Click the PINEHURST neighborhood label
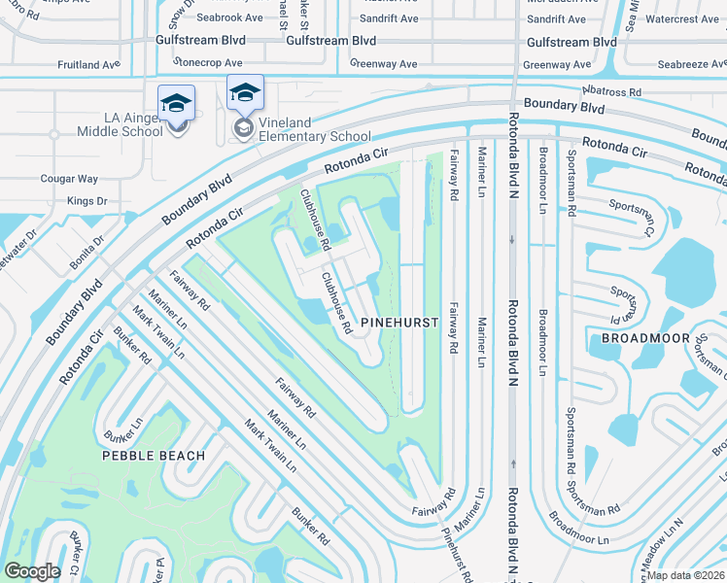click(x=395, y=320)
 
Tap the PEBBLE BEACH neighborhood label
click(x=156, y=455)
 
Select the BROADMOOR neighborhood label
click(x=645, y=338)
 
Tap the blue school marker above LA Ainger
click(x=177, y=102)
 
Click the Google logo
click(x=32, y=571)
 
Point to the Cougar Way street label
click(x=69, y=179)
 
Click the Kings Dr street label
click(x=87, y=201)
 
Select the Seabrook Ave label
click(x=229, y=17)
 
